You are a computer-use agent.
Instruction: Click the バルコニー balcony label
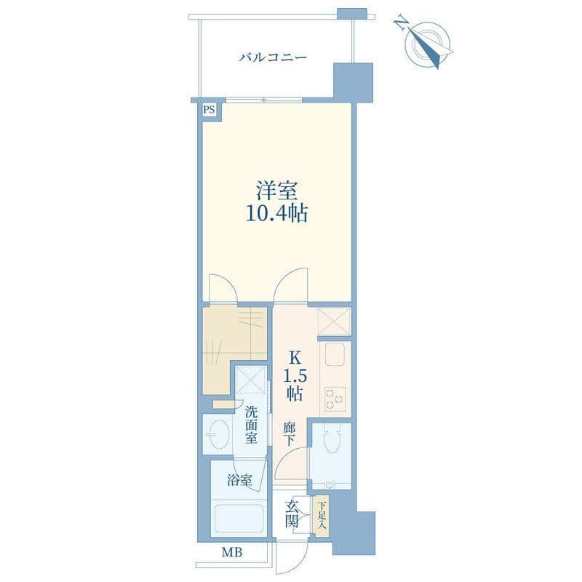273,58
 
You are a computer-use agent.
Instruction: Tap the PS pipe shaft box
209,111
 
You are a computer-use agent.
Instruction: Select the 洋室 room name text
276,191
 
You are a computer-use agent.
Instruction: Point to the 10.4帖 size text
276,213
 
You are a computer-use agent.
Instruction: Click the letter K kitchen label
295,358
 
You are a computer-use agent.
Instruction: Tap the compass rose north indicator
427,44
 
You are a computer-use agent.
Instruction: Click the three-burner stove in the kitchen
335,399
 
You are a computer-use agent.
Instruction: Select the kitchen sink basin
335,354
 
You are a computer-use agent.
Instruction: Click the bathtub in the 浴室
239,518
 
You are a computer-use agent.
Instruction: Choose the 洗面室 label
251,425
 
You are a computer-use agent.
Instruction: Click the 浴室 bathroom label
239,480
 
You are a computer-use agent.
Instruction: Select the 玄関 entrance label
292,514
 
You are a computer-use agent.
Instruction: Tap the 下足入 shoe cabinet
322,516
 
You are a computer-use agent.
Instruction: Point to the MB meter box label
232,552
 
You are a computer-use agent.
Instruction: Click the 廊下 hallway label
289,434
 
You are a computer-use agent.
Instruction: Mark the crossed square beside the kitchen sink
334,322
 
